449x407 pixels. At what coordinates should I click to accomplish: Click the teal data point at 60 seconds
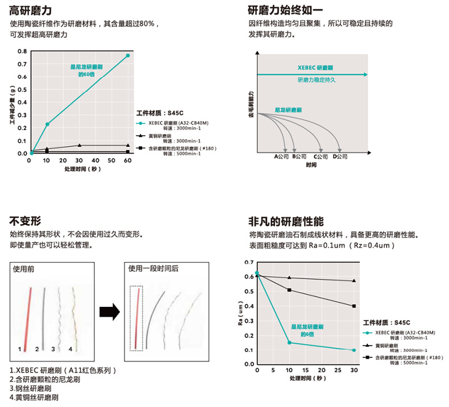(x=128, y=56)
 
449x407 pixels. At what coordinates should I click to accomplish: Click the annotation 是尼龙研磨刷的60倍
(x=87, y=70)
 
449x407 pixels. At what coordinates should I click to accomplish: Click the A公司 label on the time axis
(x=281, y=156)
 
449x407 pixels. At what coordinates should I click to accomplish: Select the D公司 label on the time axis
(x=340, y=156)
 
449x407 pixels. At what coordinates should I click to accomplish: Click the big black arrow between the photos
(x=109, y=312)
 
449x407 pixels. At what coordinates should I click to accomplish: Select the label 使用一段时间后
(x=153, y=269)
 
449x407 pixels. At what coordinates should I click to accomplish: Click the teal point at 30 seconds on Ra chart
(x=354, y=350)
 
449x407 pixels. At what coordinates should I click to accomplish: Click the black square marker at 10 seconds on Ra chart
(x=289, y=290)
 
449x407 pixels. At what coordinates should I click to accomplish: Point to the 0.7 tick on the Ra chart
(x=248, y=263)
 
